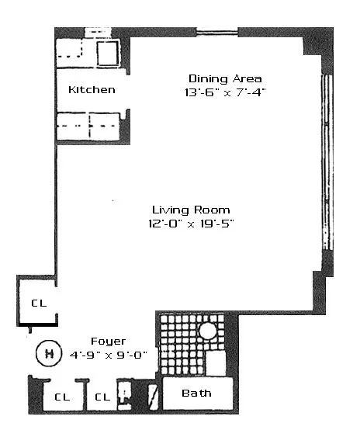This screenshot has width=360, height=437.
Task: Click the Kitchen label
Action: [92, 90]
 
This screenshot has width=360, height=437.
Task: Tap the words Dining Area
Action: [225, 78]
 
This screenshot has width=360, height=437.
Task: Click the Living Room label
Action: [191, 210]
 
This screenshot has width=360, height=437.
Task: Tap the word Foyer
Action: [108, 341]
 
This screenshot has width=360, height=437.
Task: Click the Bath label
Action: [196, 394]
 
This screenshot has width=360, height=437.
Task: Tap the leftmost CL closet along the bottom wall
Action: [61, 397]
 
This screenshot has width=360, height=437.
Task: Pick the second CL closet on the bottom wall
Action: [102, 397]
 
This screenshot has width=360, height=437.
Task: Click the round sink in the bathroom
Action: [207, 331]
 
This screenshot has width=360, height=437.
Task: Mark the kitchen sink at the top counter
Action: [106, 53]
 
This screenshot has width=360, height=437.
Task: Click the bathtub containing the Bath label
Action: [197, 394]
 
